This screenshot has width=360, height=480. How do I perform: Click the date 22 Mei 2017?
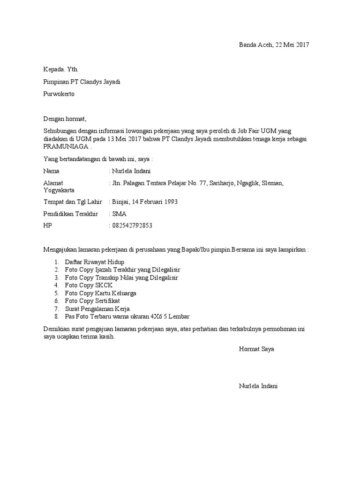292,45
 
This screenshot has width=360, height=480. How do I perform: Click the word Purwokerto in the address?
59,94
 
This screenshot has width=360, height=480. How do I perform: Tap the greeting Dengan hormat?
65,119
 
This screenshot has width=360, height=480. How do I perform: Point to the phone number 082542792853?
132,226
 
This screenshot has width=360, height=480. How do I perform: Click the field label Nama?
52,171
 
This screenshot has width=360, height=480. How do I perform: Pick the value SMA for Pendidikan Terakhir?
119,214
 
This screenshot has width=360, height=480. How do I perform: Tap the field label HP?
48,226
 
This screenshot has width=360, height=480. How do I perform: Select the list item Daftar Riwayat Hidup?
95,262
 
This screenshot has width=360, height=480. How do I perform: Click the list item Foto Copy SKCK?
89,285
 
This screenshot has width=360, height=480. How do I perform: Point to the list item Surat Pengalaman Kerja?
97,309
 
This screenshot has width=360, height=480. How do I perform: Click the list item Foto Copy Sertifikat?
93,301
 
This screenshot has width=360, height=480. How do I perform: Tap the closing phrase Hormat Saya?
256,349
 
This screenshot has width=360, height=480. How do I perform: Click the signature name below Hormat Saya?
258,386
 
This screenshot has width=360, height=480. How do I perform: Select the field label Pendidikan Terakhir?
71,214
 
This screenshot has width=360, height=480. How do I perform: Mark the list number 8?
56,317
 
